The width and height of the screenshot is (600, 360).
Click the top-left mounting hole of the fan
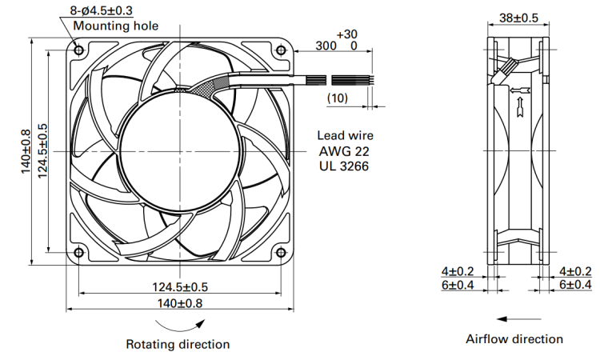(x=79, y=50)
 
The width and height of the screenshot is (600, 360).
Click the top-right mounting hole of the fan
(x=282, y=50)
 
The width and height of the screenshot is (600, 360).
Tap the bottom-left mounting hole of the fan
(x=79, y=253)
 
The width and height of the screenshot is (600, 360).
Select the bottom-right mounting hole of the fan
(x=282, y=253)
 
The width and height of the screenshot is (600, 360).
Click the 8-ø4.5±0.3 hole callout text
(x=102, y=10)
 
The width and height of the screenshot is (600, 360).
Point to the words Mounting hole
(x=115, y=26)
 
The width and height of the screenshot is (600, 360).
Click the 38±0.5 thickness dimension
(x=518, y=18)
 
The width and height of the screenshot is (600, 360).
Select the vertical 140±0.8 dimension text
(x=26, y=151)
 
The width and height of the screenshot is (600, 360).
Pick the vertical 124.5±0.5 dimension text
(x=42, y=151)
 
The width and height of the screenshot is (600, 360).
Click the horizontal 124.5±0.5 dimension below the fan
(x=180, y=287)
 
